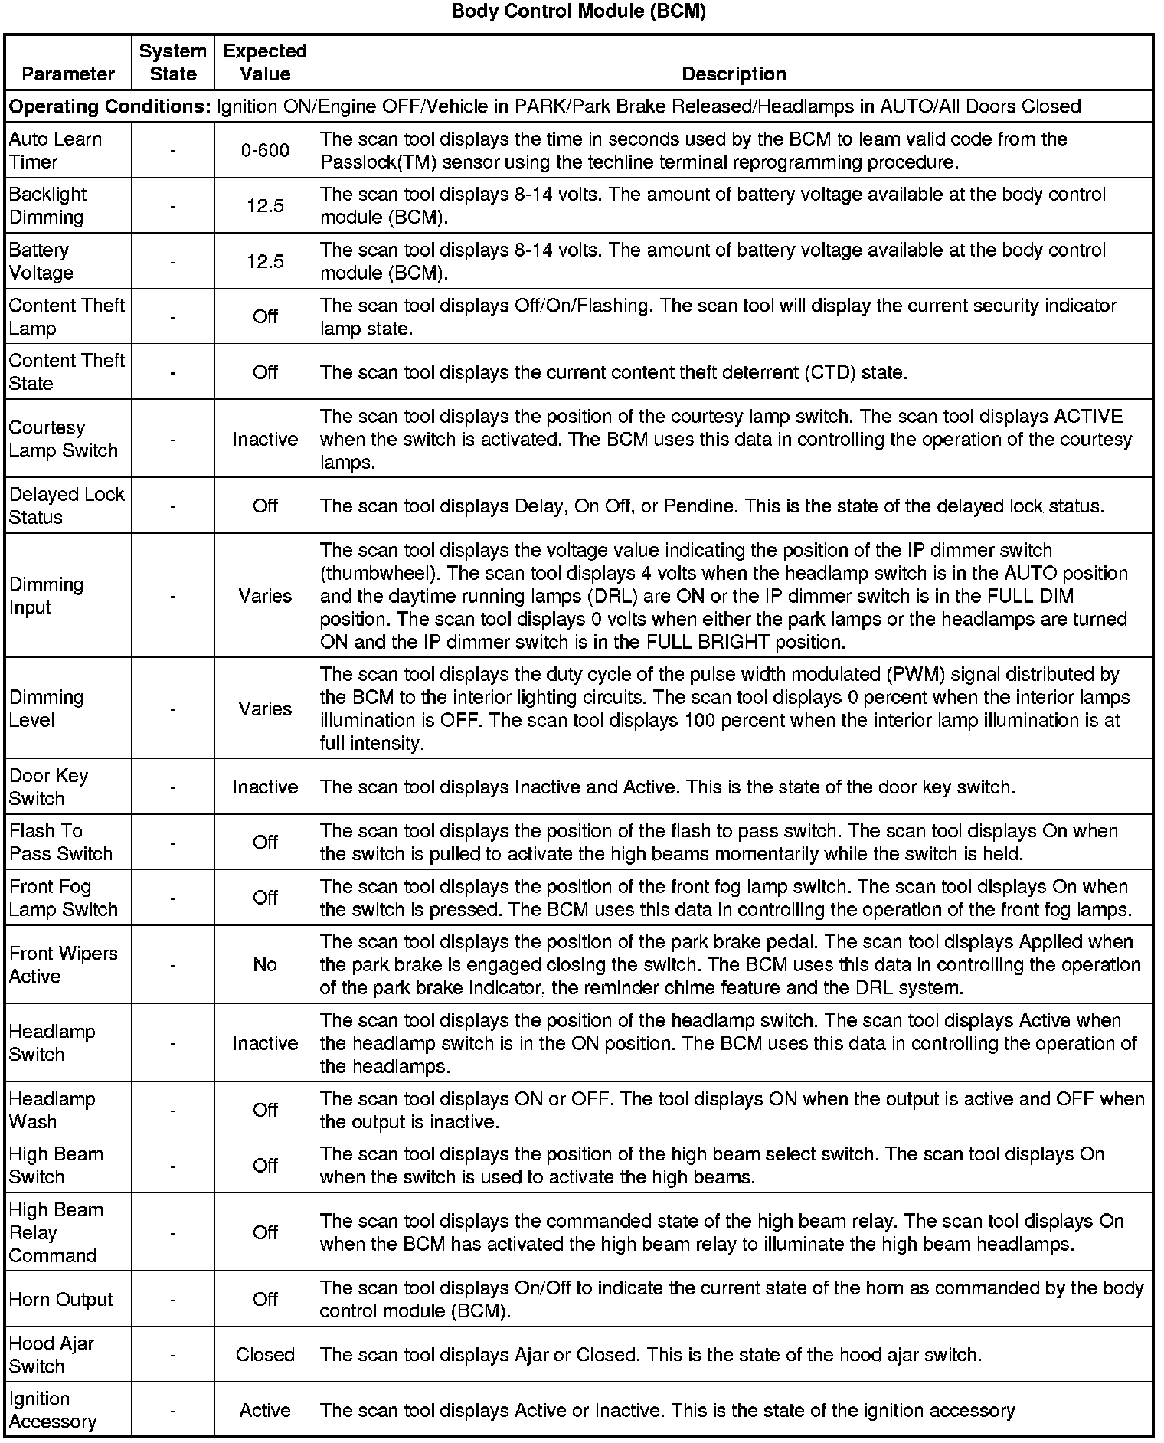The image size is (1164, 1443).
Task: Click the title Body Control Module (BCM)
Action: [x=579, y=11]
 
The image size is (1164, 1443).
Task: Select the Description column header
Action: [x=734, y=74]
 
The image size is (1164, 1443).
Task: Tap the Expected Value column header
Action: [x=265, y=62]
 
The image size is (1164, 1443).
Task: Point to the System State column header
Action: [x=173, y=62]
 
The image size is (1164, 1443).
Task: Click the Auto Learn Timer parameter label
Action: [x=55, y=150]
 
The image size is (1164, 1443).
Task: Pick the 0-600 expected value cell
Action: [x=265, y=150]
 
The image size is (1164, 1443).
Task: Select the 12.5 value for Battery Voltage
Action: [x=265, y=261]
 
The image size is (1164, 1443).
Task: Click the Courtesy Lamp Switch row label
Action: [x=63, y=439]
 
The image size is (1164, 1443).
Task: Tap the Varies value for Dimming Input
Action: [x=265, y=595]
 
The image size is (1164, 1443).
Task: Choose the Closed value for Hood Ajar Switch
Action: [x=265, y=1354]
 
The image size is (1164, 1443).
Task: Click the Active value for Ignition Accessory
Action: [x=265, y=1410]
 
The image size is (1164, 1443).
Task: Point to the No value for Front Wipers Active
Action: [x=265, y=964]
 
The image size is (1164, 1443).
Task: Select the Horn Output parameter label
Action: [x=61, y=1299]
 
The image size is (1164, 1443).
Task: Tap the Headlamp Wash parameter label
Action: [x=52, y=1110]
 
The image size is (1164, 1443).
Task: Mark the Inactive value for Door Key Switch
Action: [x=265, y=787]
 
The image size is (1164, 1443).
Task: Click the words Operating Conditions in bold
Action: [x=110, y=106]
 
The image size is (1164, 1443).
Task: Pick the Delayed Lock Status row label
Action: [x=67, y=506]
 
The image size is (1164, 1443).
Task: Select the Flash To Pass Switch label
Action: [x=60, y=842]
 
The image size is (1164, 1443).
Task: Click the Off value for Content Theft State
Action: [x=265, y=371]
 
